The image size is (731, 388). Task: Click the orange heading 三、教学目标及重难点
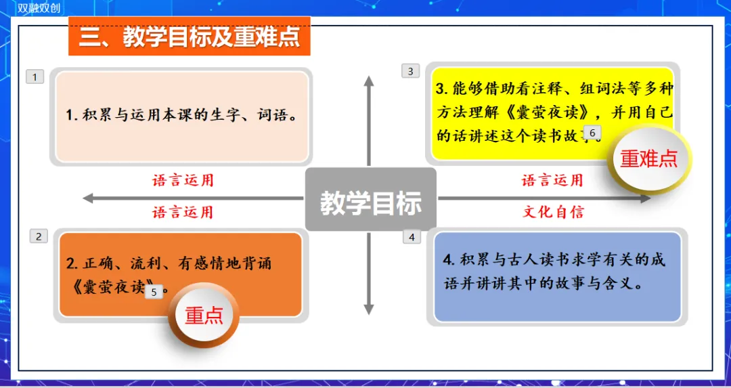(189, 37)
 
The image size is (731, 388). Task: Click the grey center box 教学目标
(370, 201)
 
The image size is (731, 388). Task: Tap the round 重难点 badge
(648, 158)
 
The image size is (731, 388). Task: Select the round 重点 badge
(204, 316)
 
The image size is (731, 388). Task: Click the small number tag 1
(35, 77)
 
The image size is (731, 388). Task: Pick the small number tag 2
(39, 236)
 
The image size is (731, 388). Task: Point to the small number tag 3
(410, 71)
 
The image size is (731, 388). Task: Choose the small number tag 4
(412, 236)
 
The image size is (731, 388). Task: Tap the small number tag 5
(154, 292)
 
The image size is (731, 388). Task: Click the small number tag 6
(592, 133)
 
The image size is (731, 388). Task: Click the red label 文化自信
(553, 212)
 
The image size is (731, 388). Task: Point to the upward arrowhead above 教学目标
(368, 81)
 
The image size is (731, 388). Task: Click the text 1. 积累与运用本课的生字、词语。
(182, 115)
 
